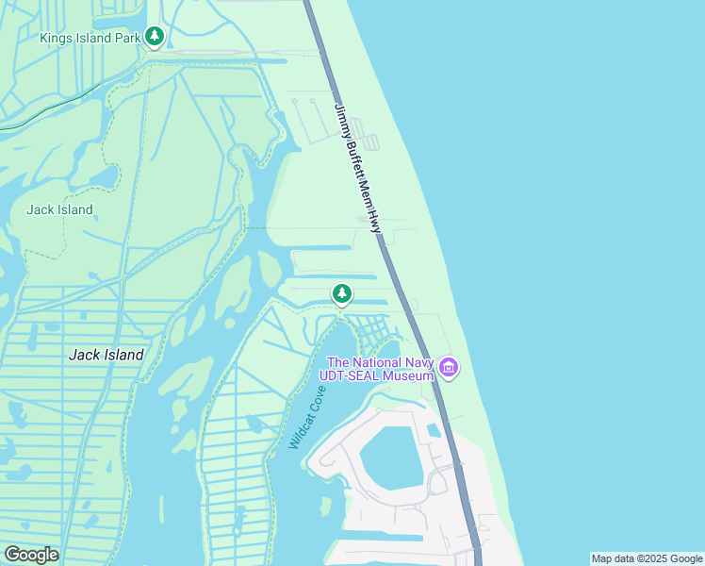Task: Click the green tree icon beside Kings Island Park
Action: (155, 38)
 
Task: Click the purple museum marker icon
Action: (448, 367)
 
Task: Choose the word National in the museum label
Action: (379, 362)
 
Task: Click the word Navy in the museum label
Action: (419, 362)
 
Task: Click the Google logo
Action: (31, 555)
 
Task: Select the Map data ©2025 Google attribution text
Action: (647, 558)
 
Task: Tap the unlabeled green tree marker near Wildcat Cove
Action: (342, 294)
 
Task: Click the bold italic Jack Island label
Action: (107, 355)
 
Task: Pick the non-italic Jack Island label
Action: (59, 209)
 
